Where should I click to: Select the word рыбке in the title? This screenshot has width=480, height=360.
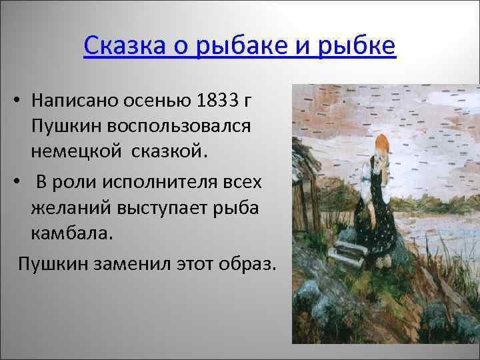[358, 46]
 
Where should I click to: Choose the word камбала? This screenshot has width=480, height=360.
[70, 235]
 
